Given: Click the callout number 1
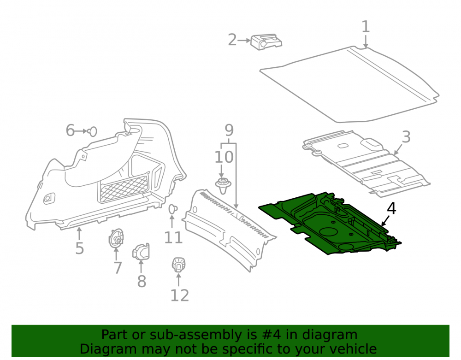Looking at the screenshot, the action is coord(366,27).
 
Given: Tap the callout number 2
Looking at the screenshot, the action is coord(232,40).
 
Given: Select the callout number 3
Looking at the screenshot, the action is coord(406,137).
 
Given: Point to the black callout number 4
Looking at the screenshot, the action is coord(391,208).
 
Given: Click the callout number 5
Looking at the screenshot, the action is coord(80,248).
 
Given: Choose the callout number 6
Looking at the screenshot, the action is coord(70,130).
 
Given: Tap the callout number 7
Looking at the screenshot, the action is coord(118,268).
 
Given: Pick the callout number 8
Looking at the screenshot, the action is coord(142,281).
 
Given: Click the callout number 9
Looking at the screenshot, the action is coord(229,130).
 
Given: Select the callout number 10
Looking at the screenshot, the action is coord(224,157).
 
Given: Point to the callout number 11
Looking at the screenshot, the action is coord(173,237).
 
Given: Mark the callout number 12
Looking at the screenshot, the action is coord(180,295).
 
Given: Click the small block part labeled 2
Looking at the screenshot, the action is coord(266,42).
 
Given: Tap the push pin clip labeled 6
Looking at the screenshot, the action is coord(92,131).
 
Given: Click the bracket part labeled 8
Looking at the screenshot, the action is coord(141,252).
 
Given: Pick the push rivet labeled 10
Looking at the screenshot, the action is coord(223,186).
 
